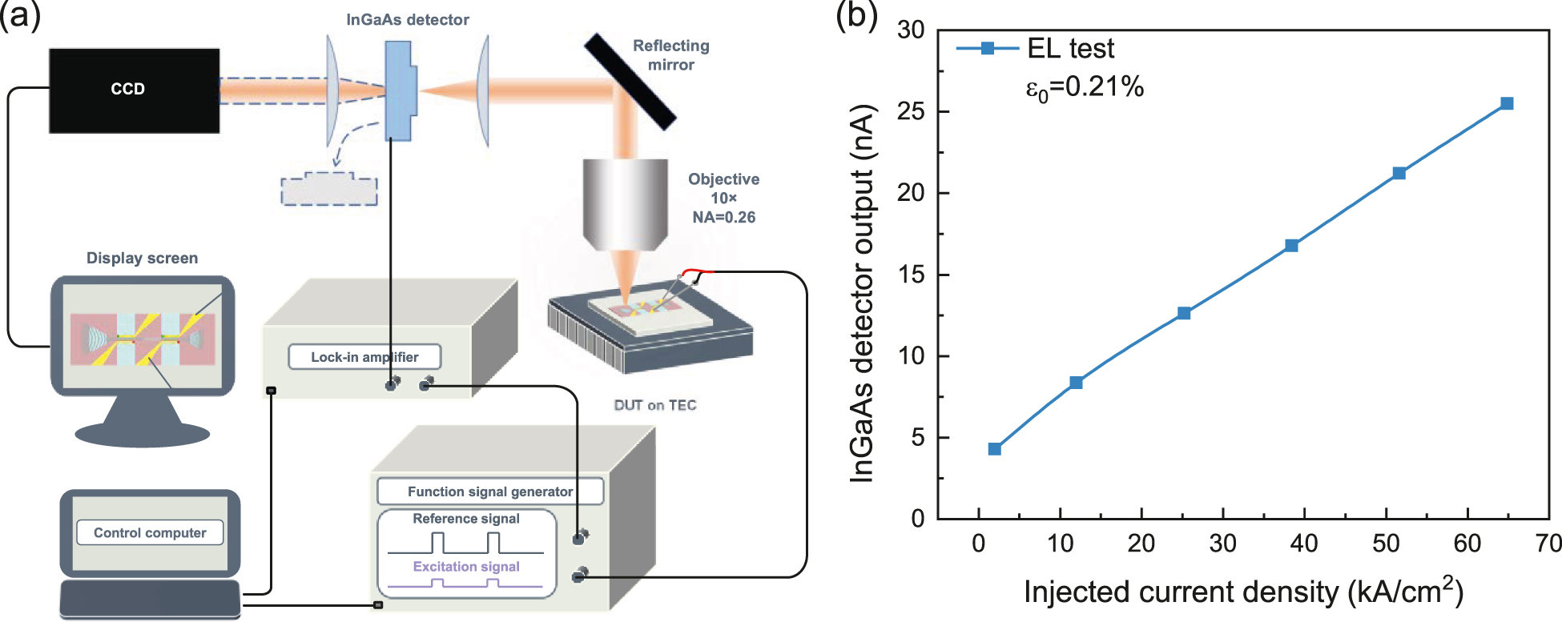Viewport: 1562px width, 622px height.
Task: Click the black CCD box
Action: click(x=134, y=90)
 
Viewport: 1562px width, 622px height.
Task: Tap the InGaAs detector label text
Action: click(x=407, y=20)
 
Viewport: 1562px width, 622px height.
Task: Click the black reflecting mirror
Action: click(x=630, y=81)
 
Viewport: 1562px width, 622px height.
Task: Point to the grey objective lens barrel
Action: click(x=625, y=200)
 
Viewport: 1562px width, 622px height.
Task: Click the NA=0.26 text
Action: click(x=723, y=217)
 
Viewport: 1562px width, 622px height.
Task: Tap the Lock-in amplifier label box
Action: click(x=364, y=357)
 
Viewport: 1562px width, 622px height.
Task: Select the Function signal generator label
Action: click(x=489, y=492)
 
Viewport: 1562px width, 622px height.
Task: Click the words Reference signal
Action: click(x=465, y=519)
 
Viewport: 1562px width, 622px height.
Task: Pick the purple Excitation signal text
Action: click(x=465, y=567)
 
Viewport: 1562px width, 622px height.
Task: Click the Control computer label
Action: click(x=150, y=532)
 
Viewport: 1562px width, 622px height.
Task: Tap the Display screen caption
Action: click(x=142, y=258)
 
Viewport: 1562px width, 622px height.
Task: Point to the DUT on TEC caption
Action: click(x=654, y=405)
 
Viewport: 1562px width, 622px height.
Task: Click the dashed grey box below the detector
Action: click(x=329, y=190)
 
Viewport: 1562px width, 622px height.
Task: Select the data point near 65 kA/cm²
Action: click(x=1507, y=103)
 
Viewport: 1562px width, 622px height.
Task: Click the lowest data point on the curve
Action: click(x=994, y=449)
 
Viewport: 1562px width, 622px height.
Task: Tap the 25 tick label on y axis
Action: click(x=911, y=111)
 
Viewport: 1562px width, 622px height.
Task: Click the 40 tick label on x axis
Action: click(x=1303, y=544)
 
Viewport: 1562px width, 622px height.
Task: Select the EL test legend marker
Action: click(x=988, y=48)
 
